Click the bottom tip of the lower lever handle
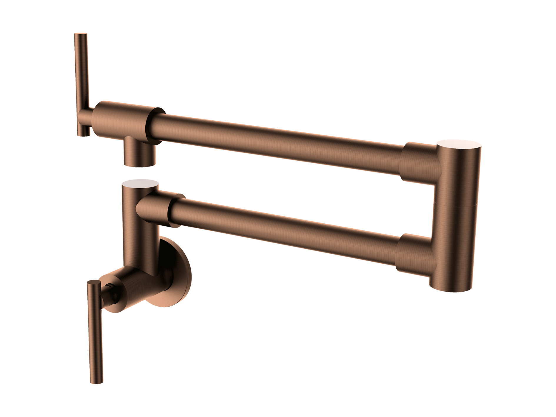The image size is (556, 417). pyautogui.click(x=97, y=381)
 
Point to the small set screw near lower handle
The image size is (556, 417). pyautogui.click(x=110, y=285)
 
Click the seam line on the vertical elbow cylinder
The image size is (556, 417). pyautogui.click(x=455, y=205)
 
